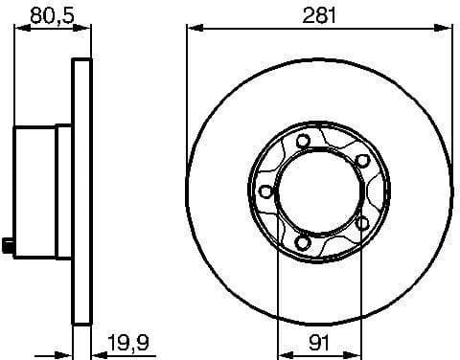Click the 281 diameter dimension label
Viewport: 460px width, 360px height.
[319, 13]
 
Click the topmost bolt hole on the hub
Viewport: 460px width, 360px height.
[304, 142]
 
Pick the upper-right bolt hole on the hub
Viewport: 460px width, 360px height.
[362, 161]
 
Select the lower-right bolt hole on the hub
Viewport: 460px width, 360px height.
[363, 222]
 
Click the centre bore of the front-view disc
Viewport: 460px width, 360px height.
[319, 191]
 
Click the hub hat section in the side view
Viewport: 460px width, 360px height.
[38, 191]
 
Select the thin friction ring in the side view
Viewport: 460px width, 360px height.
[82, 191]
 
